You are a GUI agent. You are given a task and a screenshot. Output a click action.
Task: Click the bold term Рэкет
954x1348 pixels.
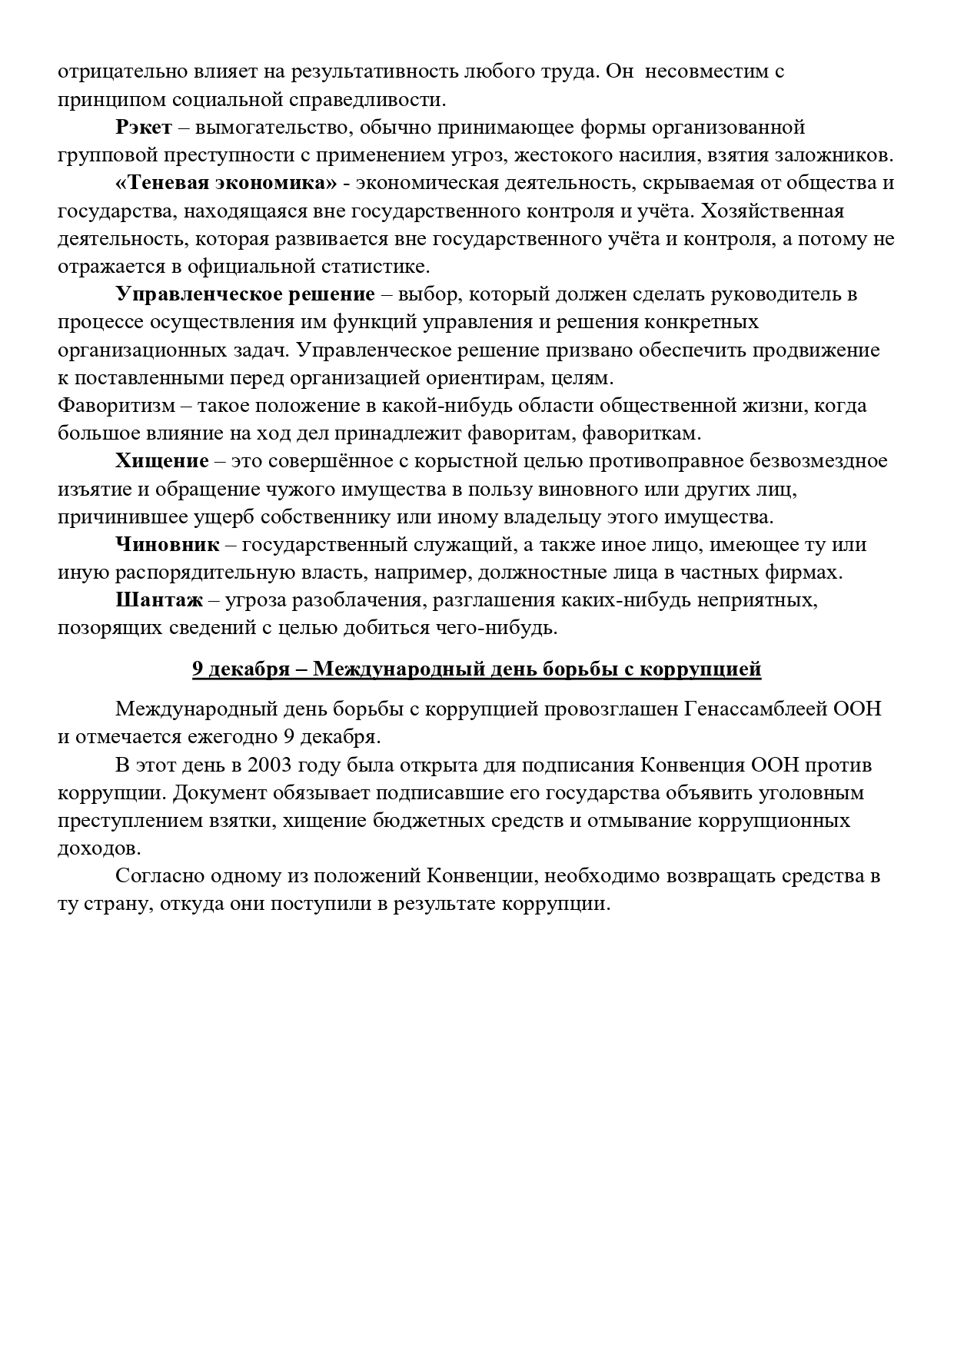[x=144, y=127]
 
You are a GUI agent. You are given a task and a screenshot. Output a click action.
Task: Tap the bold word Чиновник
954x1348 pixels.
[x=168, y=545]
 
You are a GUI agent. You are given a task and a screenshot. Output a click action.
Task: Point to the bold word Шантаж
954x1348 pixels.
[x=159, y=600]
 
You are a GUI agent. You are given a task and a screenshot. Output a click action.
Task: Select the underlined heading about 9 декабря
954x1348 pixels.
[x=477, y=669]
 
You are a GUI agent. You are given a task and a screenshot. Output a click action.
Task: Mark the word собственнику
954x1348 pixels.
[x=391, y=516]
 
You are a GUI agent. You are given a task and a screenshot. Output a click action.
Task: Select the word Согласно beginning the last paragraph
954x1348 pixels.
[x=160, y=876]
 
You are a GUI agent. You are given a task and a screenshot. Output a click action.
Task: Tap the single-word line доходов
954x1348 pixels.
[x=99, y=849]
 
